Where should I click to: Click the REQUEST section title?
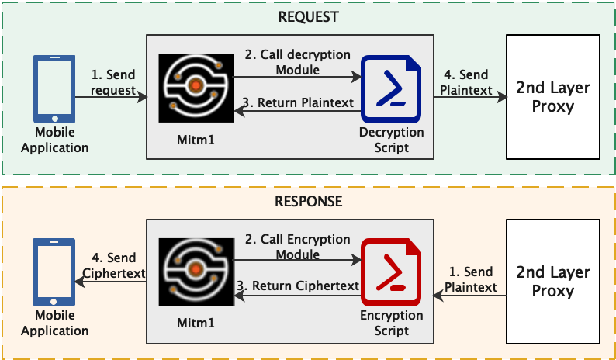[309, 17]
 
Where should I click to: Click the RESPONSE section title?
[309, 201]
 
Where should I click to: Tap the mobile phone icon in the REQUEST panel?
[54, 89]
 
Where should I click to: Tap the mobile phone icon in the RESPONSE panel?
[54, 272]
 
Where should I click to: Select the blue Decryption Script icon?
[391, 89]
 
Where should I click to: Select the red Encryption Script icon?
[391, 272]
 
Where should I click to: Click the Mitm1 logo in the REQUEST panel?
[196, 88]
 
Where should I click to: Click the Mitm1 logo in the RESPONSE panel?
[196, 272]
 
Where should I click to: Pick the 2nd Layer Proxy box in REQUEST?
[552, 97]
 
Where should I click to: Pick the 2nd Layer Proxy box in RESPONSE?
[552, 282]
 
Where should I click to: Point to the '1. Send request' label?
[113, 82]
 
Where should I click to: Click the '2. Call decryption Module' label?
[298, 62]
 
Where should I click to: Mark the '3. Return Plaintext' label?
[299, 102]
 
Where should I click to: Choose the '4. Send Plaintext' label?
[466, 82]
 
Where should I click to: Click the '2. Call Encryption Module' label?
[298, 247]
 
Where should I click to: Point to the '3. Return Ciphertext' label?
[299, 286]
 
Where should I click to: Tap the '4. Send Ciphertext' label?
[115, 265]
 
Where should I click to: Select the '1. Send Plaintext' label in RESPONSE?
[471, 279]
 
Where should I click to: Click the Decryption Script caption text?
[391, 140]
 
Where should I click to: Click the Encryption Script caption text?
[391, 323]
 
